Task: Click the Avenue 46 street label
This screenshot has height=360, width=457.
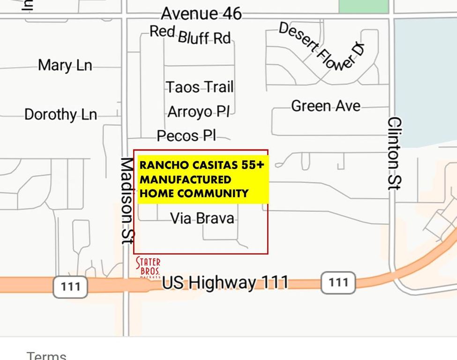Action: tap(201, 14)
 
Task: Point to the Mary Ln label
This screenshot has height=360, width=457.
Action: tap(65, 65)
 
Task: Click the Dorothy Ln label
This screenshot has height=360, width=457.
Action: tap(60, 114)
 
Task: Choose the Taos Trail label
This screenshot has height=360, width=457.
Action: tap(200, 87)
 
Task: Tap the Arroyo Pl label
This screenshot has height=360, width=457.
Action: tap(199, 112)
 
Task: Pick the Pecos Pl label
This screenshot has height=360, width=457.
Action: tap(186, 136)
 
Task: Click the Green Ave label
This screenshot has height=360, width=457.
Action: tap(326, 106)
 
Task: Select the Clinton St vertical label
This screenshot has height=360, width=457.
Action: tap(395, 153)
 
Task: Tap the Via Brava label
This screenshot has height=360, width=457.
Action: tap(202, 218)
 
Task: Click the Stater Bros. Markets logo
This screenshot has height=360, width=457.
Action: tap(148, 268)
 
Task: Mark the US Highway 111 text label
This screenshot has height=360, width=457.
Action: tap(225, 283)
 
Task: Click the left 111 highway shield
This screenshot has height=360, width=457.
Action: tap(70, 286)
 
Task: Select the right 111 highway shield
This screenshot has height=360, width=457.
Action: tap(338, 282)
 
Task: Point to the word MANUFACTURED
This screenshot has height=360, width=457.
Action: tap(186, 180)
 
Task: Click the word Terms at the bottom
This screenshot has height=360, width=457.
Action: tap(46, 355)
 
